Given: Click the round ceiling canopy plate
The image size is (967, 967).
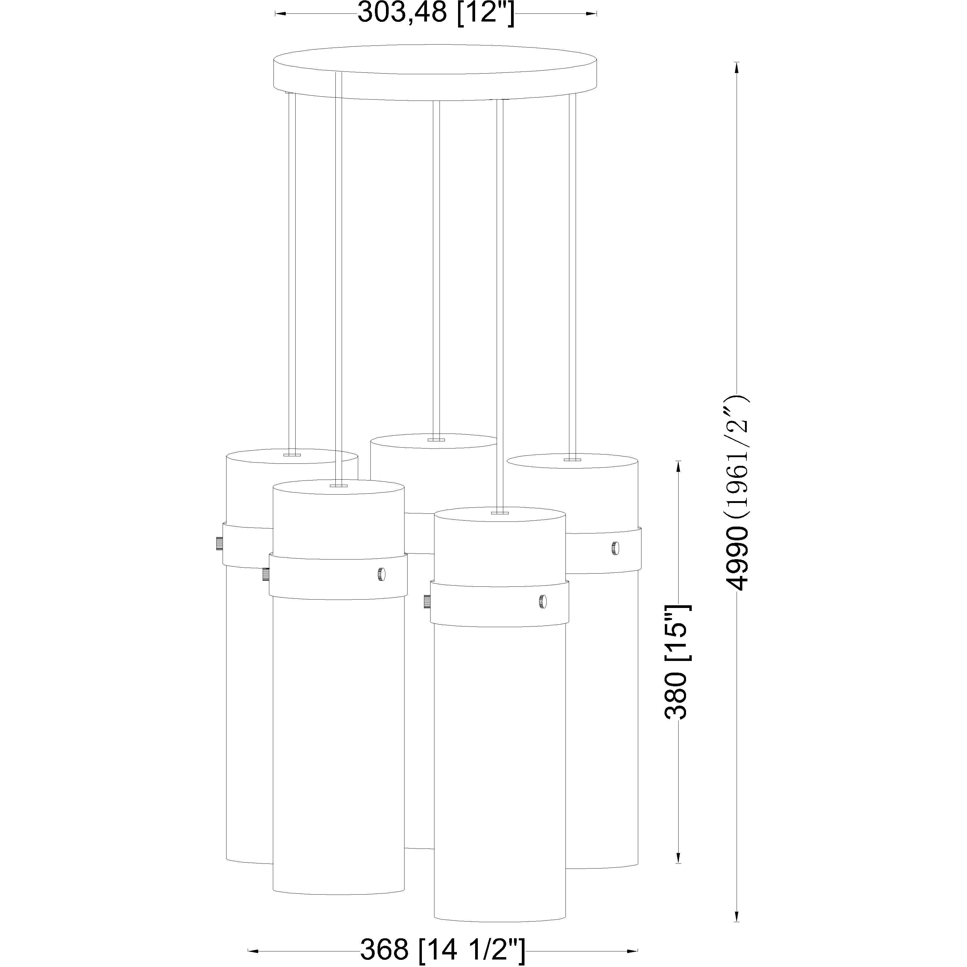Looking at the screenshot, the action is point(435,73).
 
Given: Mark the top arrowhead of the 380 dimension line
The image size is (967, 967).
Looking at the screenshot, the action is point(678,466).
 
